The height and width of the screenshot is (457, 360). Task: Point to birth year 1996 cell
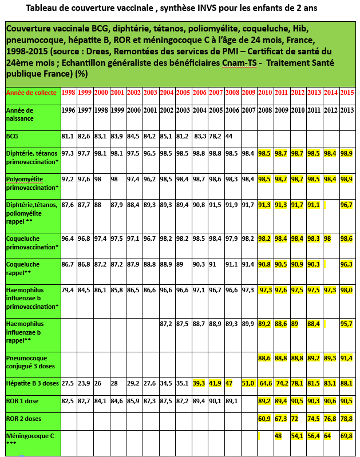tap(68, 110)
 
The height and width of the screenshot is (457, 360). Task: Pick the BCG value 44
tap(229, 136)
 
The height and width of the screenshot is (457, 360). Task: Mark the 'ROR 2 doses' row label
tap(23, 419)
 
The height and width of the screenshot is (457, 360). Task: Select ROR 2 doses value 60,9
tap(264, 419)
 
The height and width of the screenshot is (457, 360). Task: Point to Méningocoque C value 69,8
tap(347, 435)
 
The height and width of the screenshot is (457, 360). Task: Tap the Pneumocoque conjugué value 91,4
tap(347, 358)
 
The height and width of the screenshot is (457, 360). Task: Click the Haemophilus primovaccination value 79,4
tap(68, 290)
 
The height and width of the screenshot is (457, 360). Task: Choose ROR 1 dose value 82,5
tap(68, 401)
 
